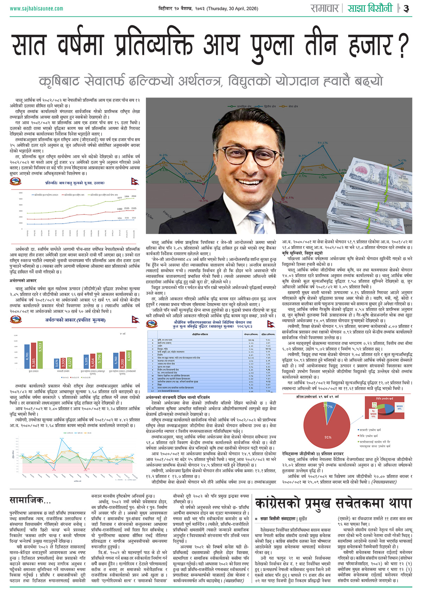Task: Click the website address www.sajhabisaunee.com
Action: pyautogui.click(x=37, y=8)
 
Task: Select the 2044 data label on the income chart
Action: pyautogui.click(x=134, y=196)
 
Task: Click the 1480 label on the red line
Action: pyautogui.click(x=120, y=209)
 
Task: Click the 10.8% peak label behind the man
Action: pyautogui.click(x=322, y=143)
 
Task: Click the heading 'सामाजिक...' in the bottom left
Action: pyautogui.click(x=30, y=500)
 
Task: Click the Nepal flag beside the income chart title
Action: pyautogui.click(x=135, y=181)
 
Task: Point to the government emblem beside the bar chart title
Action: pyautogui.click(x=15, y=320)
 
